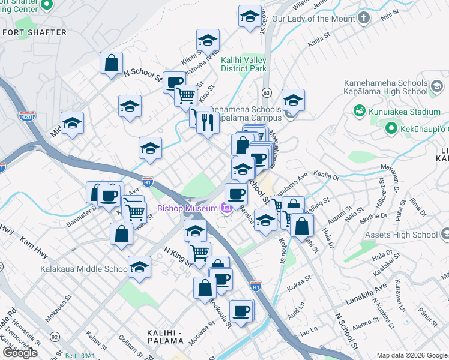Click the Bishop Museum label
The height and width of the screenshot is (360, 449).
[187, 209]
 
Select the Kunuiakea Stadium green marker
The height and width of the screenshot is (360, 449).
[360, 111]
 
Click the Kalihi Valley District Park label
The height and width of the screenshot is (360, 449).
[243, 64]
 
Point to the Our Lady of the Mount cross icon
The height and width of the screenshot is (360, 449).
[364, 19]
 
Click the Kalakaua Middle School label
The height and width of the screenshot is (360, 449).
[83, 269]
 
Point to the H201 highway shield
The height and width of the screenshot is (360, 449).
[26, 115]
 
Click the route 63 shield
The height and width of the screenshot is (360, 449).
[267, 92]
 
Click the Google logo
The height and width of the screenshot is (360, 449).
[20, 352]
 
